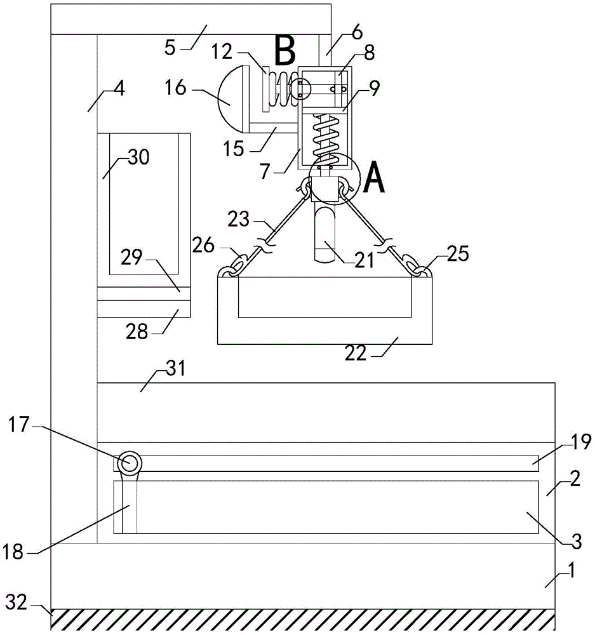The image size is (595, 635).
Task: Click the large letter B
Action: tap(284, 50)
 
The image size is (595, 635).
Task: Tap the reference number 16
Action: tap(175, 88)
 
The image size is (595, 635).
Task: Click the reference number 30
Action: tap(138, 157)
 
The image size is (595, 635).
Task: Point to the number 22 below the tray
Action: tap(356, 353)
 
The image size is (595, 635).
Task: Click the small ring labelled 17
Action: tap(130, 462)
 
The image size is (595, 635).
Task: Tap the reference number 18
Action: tap(13, 552)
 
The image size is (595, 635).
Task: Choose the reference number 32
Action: tap(17, 603)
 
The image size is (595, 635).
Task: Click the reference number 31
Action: tap(176, 368)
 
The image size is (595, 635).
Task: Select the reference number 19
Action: tap(582, 442)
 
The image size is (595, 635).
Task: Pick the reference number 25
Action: tap(458, 254)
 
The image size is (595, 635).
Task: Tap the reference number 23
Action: tap(238, 220)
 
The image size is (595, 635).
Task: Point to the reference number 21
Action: tap(364, 260)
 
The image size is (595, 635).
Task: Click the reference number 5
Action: tap(170, 48)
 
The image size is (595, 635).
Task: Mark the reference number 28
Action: tap(137, 332)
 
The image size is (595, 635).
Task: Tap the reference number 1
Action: tap(571, 571)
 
